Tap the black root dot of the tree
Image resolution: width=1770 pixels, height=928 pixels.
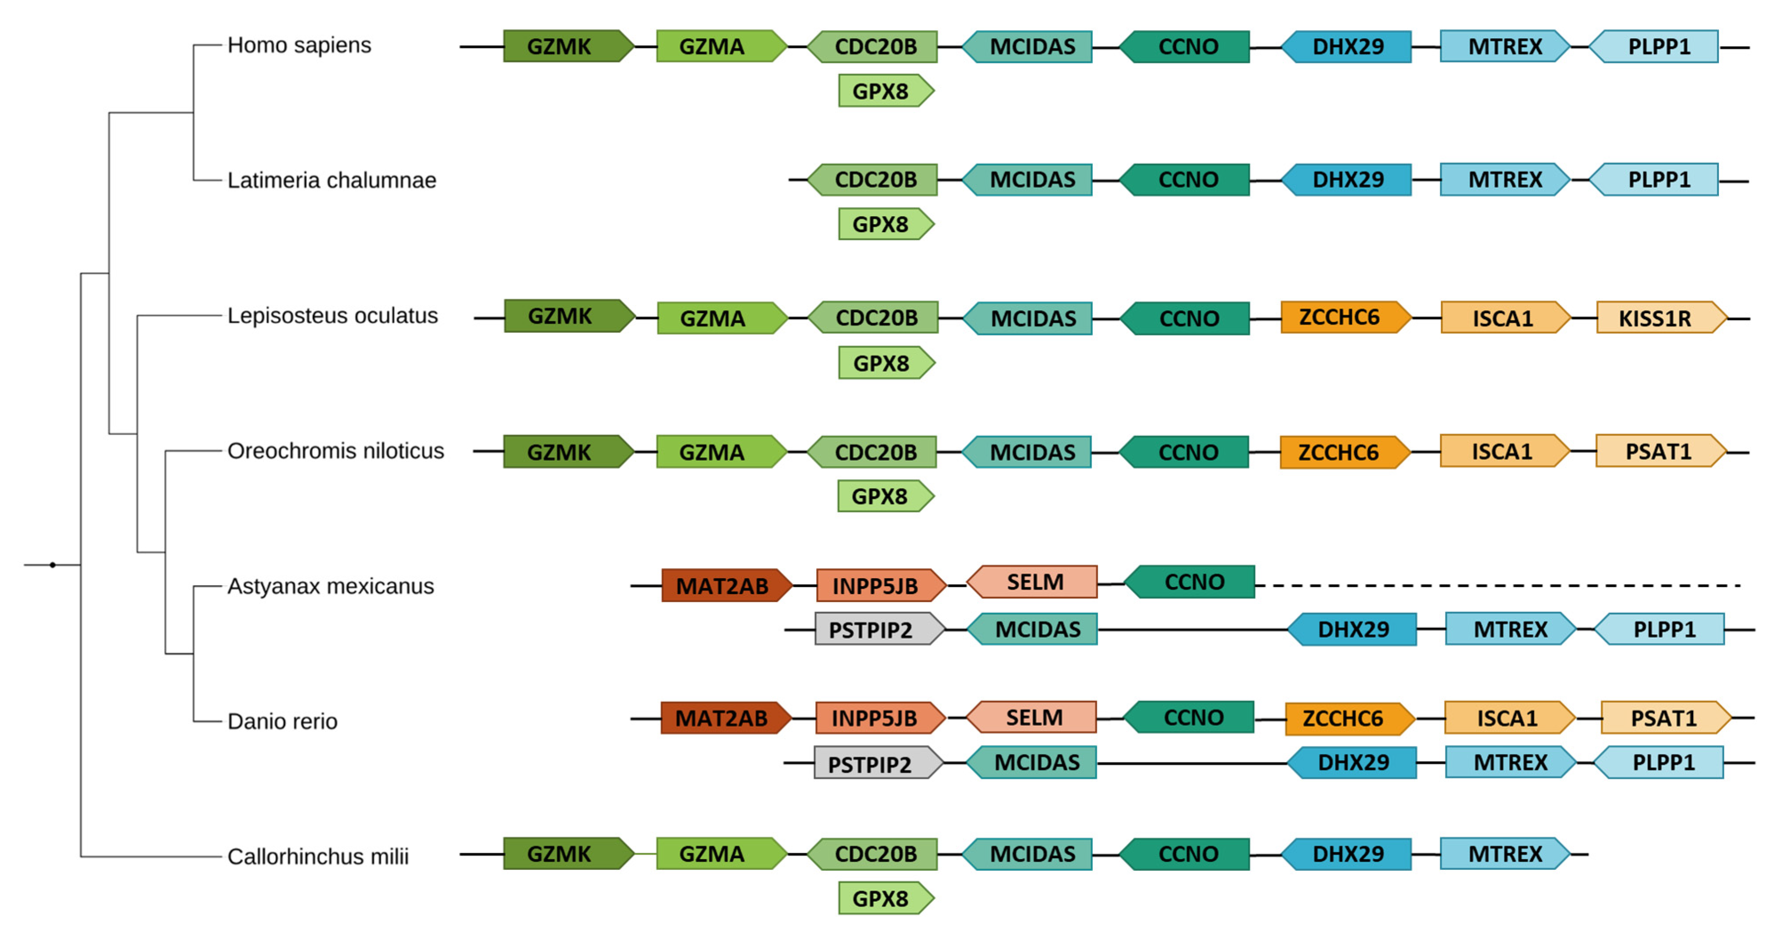point(53,565)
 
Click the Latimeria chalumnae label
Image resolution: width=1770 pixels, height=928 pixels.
point(331,180)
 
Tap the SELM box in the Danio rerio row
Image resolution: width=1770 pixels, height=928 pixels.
point(1032,717)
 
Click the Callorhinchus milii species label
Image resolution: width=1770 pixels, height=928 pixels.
point(317,857)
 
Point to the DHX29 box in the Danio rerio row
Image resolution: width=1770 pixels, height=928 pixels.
point(1352,762)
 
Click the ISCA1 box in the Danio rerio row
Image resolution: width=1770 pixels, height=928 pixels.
point(1508,718)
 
